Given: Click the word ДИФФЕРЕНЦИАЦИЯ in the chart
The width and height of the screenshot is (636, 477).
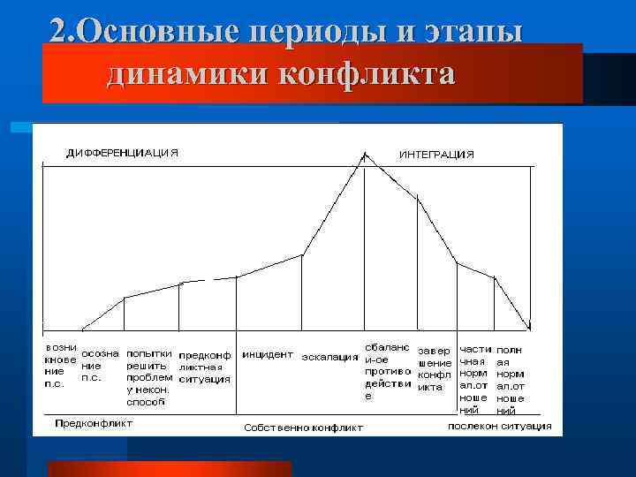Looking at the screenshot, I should click(x=123, y=153).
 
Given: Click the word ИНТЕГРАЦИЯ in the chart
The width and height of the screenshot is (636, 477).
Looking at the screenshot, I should click(x=435, y=154).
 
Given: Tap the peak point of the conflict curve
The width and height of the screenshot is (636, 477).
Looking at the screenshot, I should click(x=364, y=155).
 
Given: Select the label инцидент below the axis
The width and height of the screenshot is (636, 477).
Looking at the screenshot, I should click(x=268, y=354).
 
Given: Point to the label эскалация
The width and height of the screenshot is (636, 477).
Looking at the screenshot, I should click(x=329, y=358).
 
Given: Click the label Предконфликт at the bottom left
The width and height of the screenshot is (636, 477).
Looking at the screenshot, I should click(x=94, y=423).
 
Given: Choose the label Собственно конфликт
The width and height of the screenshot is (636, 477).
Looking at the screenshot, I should click(x=303, y=428).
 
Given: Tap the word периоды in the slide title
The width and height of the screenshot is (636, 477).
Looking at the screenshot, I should click(x=314, y=31).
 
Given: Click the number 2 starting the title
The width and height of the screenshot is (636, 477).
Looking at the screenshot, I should click(x=58, y=31).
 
